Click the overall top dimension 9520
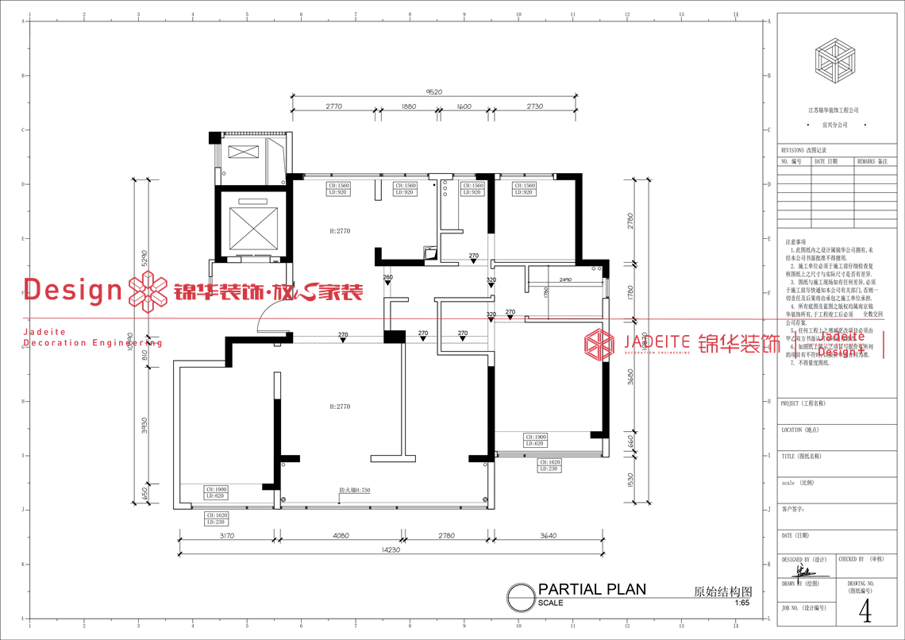[434, 92]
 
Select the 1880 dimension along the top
[409, 106]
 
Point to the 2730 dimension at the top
[534, 106]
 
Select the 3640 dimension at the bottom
[548, 536]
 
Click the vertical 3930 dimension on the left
[144, 426]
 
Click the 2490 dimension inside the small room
[565, 280]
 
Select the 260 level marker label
[387, 278]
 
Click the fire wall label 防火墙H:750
[355, 491]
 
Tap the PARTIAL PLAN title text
[591, 589]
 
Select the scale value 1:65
[741, 603]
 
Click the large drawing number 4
[865, 611]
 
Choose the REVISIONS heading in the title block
[803, 149]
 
